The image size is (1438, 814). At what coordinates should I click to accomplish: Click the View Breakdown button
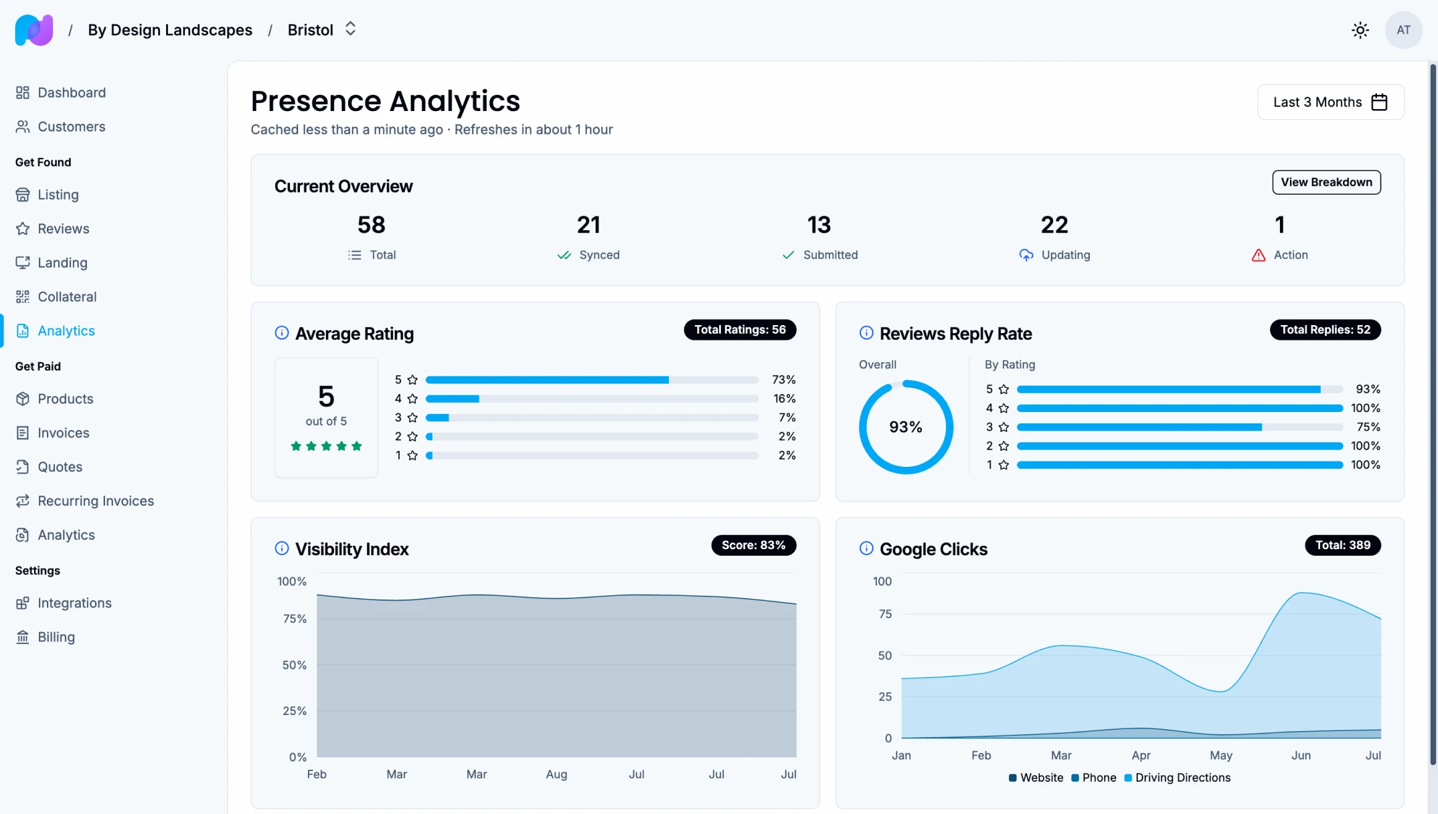[x=1326, y=182]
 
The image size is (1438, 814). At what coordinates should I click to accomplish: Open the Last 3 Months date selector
[x=1330, y=102]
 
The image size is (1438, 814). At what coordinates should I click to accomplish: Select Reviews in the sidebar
[x=63, y=229]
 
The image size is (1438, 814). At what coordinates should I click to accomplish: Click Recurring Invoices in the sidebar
[x=95, y=501]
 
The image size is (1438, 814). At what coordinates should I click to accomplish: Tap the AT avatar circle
[x=1403, y=30]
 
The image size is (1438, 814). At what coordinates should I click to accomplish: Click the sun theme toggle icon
[x=1360, y=30]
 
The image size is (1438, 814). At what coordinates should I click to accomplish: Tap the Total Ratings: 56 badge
[x=739, y=330]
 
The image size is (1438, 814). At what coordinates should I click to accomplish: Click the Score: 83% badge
[x=752, y=545]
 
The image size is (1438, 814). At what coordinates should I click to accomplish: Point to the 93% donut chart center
[x=905, y=427]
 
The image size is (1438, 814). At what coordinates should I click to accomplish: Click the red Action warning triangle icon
[x=1258, y=256]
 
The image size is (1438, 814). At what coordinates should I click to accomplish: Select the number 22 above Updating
[x=1054, y=225]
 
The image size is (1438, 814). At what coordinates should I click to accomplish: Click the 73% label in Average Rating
[x=783, y=380]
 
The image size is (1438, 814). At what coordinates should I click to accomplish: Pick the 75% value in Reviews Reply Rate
[x=1368, y=427]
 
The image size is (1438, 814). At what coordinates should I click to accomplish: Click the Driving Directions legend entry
[x=1182, y=778]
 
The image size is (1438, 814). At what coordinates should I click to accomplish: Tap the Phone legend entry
[x=1098, y=778]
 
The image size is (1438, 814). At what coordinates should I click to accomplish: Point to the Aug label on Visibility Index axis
[x=556, y=774]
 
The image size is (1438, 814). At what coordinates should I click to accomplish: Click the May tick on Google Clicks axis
[x=1220, y=755]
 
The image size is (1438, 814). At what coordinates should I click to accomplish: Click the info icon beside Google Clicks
[x=866, y=548]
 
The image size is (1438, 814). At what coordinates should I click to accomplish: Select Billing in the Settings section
[x=56, y=637]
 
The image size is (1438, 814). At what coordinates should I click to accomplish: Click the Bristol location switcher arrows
[x=350, y=29]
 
